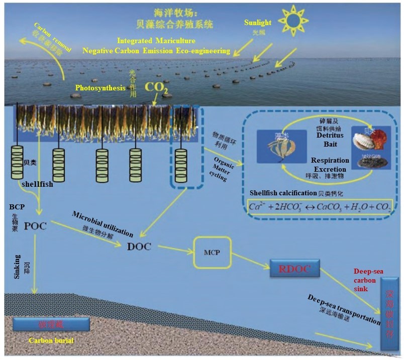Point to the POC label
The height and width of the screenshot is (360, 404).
coord(35,225)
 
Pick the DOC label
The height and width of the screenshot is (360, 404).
coord(139,247)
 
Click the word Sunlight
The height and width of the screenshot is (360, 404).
coord(257,23)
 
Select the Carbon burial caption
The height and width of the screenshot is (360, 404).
coord(51,340)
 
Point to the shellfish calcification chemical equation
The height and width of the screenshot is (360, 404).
coord(320,206)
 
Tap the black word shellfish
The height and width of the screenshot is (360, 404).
coord(36,184)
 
